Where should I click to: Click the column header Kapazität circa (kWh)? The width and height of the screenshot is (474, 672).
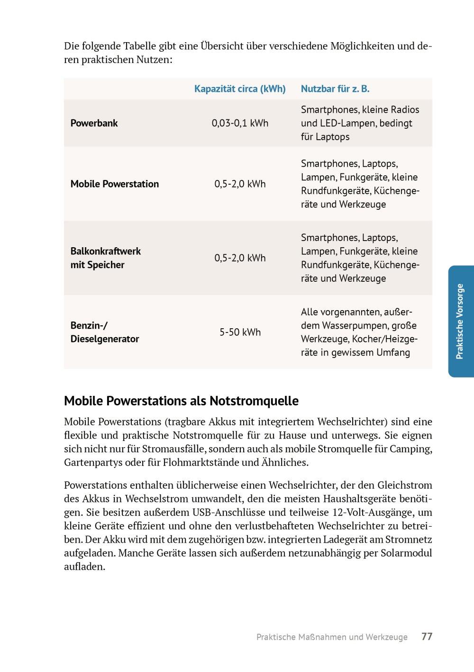coord(240,89)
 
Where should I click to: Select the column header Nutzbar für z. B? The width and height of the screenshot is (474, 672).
coord(335,89)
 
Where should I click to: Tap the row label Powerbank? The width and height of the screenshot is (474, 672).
coord(94,123)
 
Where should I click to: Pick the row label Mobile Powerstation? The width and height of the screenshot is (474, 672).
coord(115,184)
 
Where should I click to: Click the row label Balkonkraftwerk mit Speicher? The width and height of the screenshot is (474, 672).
coord(106,258)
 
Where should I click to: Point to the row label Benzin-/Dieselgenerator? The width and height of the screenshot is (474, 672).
coord(105,332)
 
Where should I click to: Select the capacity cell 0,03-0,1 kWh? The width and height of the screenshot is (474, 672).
coord(240,123)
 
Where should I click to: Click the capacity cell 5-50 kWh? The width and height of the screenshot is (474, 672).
coord(240,332)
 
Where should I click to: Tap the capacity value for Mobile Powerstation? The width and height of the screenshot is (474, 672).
coord(240,184)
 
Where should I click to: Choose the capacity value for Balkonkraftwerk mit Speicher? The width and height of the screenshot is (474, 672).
coord(240,258)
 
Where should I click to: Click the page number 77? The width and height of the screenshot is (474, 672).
coord(427,636)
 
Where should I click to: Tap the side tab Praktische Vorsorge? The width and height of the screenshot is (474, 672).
coord(460,321)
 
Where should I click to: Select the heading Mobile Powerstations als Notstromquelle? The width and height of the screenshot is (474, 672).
coord(181,401)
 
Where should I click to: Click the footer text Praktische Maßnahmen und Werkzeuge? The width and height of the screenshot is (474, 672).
coord(332,637)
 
